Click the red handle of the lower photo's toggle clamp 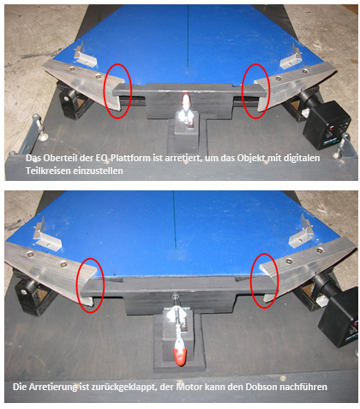(180, 357)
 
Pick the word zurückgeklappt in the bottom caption (123, 388)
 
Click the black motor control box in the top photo (327, 124)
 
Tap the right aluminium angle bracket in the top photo (291, 58)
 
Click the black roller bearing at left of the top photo (69, 104)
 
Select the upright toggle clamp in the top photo (186, 111)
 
